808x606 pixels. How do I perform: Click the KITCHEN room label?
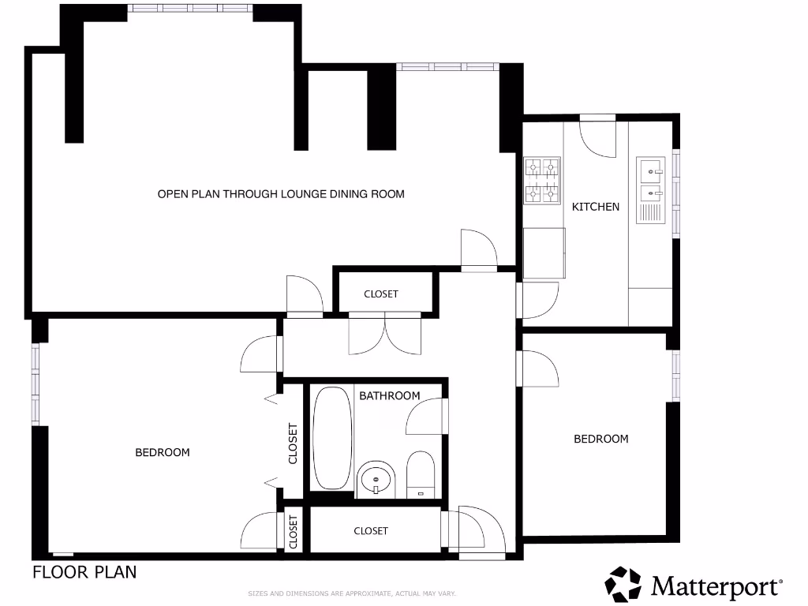[x=596, y=207]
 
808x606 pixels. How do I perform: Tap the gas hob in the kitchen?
[x=542, y=181]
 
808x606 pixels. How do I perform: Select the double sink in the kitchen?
[x=652, y=179]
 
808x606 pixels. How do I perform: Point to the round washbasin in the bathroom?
[x=376, y=478]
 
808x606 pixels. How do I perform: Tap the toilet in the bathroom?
[x=421, y=474]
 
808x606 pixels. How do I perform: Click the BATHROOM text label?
[x=390, y=395]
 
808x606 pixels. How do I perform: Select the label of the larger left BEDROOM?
[x=163, y=452]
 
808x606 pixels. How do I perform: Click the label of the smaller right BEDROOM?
[x=600, y=439]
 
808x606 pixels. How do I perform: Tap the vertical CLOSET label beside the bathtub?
[x=293, y=443]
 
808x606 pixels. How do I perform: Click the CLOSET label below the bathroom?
[x=371, y=531]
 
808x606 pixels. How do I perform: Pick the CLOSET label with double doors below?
[x=381, y=294]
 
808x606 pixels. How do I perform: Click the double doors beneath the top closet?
[x=384, y=333]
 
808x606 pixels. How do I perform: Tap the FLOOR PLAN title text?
[x=84, y=572]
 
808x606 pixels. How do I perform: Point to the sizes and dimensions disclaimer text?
[x=353, y=593]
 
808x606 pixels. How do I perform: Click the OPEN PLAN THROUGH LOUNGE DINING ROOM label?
[x=281, y=193]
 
